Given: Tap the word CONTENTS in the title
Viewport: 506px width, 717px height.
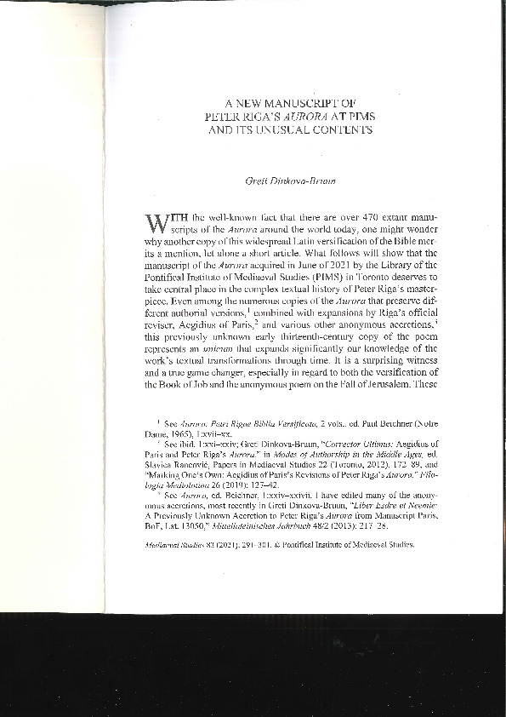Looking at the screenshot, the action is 342,130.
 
